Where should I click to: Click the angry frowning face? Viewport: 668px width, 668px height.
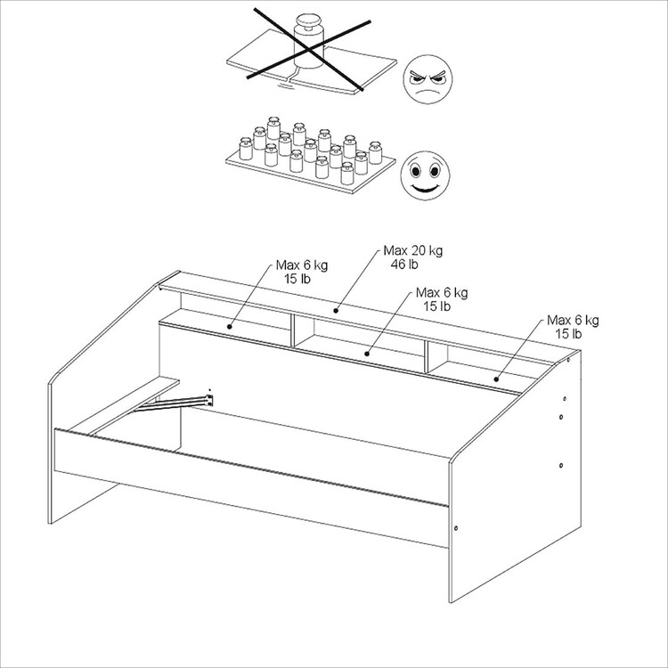pos(428,79)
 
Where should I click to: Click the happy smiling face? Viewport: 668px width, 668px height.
pos(425,175)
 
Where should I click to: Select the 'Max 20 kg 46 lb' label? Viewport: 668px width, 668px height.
pos(412,257)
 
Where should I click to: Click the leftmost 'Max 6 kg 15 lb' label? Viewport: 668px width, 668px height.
pos(302,272)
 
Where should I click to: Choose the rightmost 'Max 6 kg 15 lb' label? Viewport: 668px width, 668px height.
pos(573,326)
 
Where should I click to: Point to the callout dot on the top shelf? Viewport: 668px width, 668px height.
pos(336,311)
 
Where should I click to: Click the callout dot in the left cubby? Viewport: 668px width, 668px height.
pos(229,327)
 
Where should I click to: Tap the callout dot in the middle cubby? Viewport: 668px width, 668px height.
pos(367,354)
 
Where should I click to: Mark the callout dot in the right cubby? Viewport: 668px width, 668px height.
pos(496,379)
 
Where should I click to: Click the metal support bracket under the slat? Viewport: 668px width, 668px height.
pos(175,403)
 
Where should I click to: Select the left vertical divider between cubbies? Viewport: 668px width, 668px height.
pos(293,330)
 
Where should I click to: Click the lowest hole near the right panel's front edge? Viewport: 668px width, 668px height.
pos(456,528)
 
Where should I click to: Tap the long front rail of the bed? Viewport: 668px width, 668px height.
pos(251,487)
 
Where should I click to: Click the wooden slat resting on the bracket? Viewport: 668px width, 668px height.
pos(124,404)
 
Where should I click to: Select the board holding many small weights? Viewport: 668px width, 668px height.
pos(310,170)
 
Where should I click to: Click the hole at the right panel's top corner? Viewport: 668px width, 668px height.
pos(568,361)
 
